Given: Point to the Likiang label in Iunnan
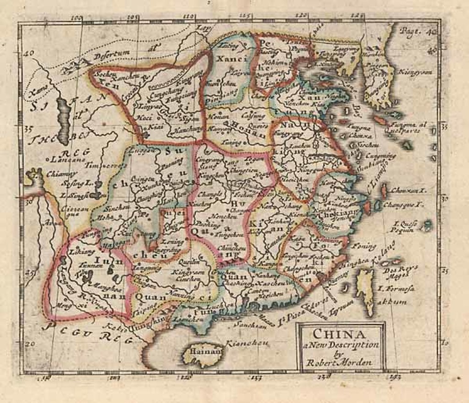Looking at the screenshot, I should point(78,252).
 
